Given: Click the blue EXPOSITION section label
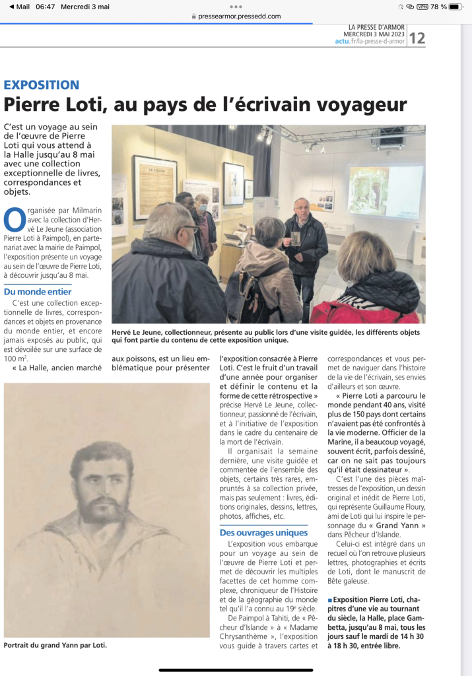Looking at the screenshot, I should pos(42,84).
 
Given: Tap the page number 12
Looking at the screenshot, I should pos(417,38).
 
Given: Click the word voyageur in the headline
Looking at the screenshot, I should pos(360,105).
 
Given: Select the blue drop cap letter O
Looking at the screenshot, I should pos(11,219).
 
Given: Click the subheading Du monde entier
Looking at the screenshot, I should pos(38,291).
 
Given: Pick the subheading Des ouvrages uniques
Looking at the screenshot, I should pos(263,533).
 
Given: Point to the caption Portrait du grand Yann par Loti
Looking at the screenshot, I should pos(55,644).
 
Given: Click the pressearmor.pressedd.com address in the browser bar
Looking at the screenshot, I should pos(239,17).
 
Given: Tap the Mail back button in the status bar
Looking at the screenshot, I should pos(19,7).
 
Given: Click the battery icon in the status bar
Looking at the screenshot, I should pos(457,7).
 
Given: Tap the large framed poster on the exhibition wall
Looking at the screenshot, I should pos(154,187).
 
